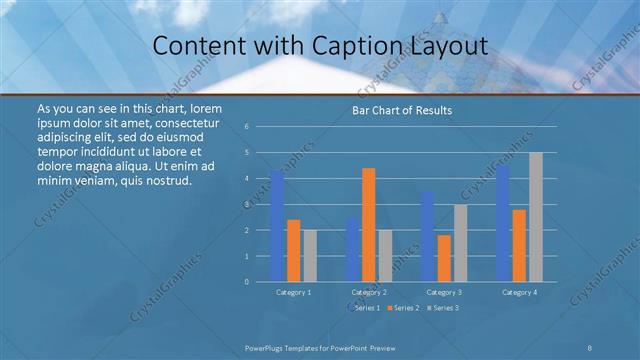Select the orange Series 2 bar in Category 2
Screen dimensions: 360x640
368,224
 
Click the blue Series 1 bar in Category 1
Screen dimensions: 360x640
277,226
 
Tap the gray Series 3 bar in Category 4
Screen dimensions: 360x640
536,217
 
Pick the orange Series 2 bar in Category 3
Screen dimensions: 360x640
444,258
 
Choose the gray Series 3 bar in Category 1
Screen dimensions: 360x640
310,255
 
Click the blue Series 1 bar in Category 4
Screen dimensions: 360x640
502,223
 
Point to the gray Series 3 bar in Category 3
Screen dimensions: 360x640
460,242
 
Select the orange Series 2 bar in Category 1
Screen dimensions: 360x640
293,250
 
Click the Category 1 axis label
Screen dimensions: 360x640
293,292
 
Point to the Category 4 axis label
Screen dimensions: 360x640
519,292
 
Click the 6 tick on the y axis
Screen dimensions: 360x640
260,127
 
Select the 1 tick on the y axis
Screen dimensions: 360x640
260,256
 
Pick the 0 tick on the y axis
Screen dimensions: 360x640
260,281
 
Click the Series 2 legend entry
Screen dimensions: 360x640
404,308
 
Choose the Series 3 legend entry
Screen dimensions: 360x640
444,308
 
